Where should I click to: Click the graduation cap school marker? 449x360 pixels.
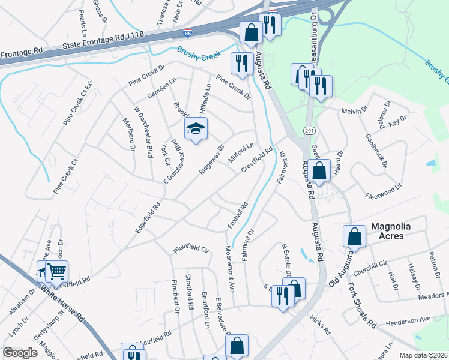click(x=195, y=128)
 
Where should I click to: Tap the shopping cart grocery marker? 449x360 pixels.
click(x=56, y=271)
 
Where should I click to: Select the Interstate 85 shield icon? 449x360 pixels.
click(x=188, y=32)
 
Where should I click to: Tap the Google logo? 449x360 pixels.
click(x=20, y=352)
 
